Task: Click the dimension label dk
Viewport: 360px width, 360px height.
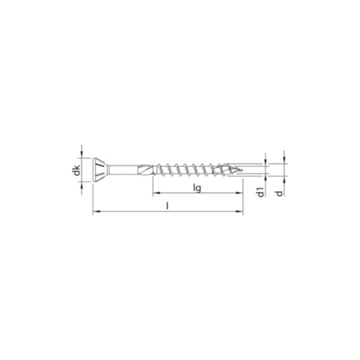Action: click(77, 170)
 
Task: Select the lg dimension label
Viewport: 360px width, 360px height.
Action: click(197, 188)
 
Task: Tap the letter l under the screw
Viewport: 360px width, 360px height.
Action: click(167, 206)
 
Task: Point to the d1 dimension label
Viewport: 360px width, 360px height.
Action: click(261, 192)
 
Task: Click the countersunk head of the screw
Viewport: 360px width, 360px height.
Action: click(100, 170)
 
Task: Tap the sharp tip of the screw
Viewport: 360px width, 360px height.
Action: click(242, 170)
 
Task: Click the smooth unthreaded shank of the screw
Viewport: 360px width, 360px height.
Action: click(123, 170)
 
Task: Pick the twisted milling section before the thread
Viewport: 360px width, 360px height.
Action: click(146, 170)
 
